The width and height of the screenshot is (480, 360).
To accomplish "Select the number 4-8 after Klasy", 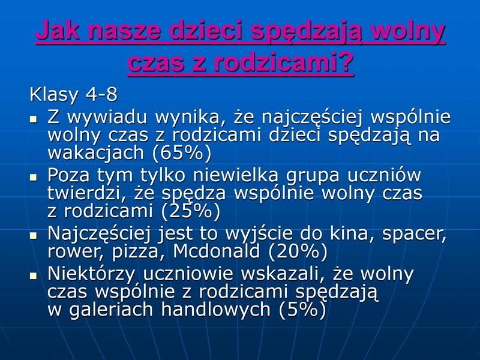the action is pos(101,94).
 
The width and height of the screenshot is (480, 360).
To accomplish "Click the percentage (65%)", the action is pos(182,152).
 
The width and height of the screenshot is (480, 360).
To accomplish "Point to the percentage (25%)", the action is pos(190,211).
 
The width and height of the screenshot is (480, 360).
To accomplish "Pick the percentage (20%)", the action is pos(298,251).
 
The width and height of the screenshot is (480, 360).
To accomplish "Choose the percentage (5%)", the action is pos(302,309).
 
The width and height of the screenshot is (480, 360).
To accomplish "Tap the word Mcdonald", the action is pos(217,251).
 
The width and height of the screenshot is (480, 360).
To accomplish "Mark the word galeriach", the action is pos(111,310).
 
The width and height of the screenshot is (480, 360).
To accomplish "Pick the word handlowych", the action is pos(216,310).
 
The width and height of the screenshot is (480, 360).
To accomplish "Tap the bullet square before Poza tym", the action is pos(34,176).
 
